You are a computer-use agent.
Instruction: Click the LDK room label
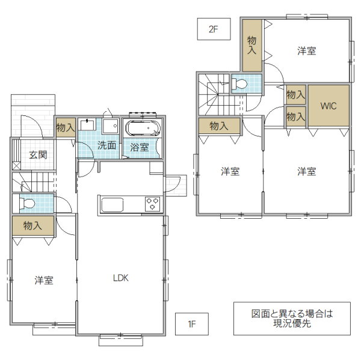click(121, 278)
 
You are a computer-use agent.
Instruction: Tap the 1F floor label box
click(192, 324)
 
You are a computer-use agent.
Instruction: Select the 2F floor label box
click(214, 29)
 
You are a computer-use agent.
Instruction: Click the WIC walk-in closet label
click(329, 106)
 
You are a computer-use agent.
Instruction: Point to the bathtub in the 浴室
click(143, 128)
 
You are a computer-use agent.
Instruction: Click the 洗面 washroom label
click(107, 145)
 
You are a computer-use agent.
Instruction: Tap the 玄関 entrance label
click(39, 155)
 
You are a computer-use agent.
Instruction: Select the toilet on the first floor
click(28, 204)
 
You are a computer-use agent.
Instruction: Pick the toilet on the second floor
click(239, 84)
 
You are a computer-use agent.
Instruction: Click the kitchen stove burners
click(152, 204)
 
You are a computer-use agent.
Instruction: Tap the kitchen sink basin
click(113, 205)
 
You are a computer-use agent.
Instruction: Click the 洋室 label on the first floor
click(44, 280)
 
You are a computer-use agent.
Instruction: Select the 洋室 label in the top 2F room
click(307, 51)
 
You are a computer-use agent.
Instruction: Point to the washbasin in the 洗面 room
click(87, 124)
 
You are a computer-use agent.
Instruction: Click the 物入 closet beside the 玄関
click(66, 127)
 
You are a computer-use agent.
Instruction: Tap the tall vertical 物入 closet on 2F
click(252, 45)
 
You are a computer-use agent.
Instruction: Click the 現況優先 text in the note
click(292, 324)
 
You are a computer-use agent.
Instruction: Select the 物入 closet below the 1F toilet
click(33, 225)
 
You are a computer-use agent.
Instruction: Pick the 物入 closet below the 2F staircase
click(220, 126)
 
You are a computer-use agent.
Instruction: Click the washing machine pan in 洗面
click(111, 126)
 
